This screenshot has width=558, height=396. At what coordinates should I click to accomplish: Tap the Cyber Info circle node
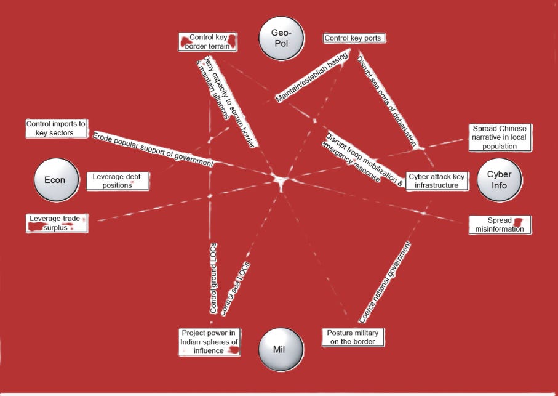(x=499, y=179)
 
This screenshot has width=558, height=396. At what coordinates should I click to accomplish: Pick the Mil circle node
(x=281, y=349)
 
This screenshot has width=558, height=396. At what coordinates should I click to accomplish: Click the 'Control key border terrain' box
(x=208, y=41)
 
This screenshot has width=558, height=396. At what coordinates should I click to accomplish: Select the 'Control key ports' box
(x=354, y=38)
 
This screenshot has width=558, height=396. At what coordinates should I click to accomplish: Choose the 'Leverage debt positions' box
(x=117, y=180)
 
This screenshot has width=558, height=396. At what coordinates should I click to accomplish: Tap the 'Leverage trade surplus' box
(x=57, y=222)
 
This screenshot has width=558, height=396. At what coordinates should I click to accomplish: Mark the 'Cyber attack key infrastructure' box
(x=437, y=180)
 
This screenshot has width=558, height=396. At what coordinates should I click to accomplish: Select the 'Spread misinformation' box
(x=499, y=224)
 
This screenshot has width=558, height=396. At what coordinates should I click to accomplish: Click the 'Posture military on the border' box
(x=353, y=337)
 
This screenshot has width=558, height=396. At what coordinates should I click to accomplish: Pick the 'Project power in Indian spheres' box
(x=209, y=341)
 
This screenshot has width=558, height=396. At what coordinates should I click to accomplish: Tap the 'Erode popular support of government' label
(x=153, y=148)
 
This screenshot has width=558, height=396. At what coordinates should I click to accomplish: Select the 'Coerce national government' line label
(x=386, y=281)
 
